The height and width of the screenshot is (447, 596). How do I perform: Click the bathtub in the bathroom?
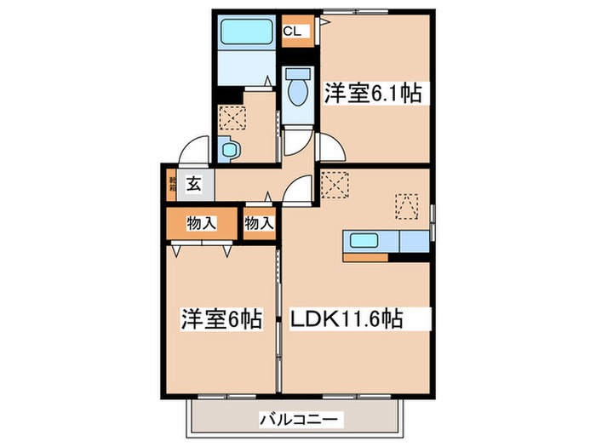click(x=245, y=33)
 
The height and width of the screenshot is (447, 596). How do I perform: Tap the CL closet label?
click(x=293, y=32)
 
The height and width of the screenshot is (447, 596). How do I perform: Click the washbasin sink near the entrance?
click(x=230, y=151)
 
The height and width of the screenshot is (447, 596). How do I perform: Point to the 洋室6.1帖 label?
click(x=372, y=92)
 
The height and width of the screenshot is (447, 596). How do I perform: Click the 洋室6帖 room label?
click(x=220, y=320)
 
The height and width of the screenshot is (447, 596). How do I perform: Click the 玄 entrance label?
click(x=195, y=182)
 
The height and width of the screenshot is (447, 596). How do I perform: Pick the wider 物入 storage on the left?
click(x=201, y=224)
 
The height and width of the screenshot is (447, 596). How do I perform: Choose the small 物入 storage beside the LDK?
click(x=259, y=224)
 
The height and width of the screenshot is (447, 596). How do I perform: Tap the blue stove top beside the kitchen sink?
click(x=413, y=242)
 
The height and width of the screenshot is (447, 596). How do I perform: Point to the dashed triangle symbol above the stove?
click(x=407, y=206)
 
